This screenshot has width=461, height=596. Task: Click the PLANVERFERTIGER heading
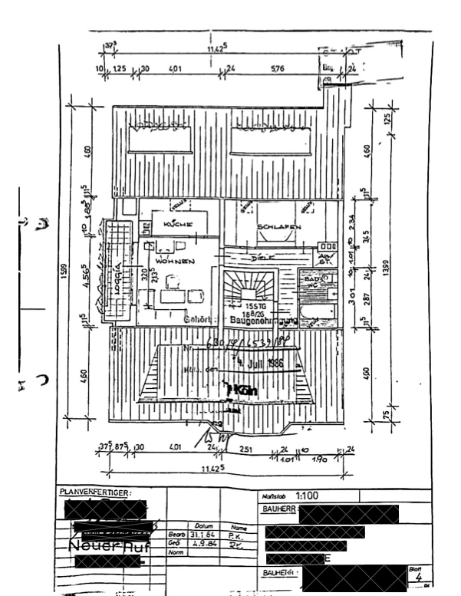point(96,492)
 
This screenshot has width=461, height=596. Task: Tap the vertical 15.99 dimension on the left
point(64,272)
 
